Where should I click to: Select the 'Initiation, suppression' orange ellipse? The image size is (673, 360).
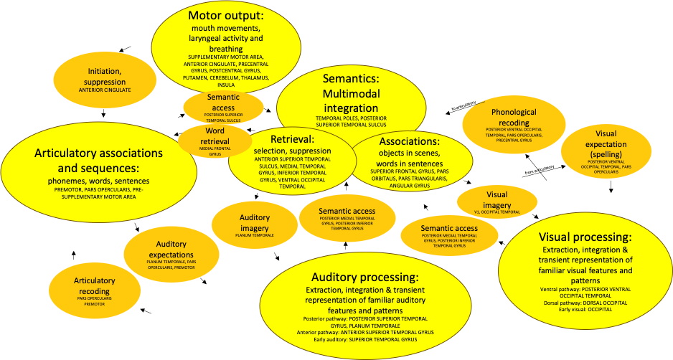coord(104,78)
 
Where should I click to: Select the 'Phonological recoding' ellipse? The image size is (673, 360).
coord(509,123)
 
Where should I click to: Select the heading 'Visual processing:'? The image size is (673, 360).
coord(585,237)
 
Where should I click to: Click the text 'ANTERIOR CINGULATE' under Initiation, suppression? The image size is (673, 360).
coord(104,90)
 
